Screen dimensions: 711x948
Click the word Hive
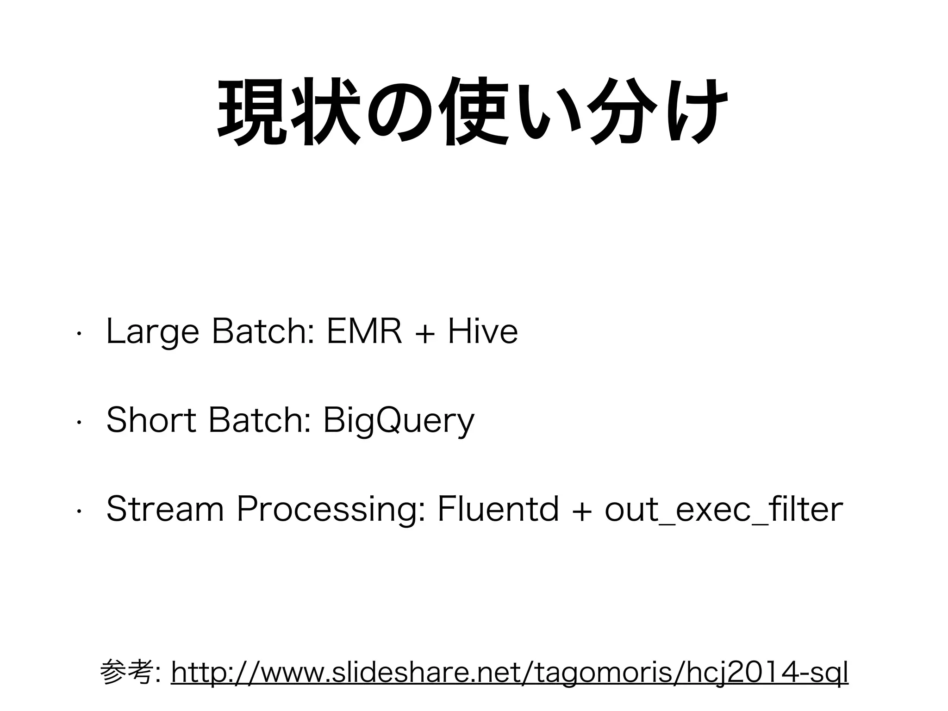point(482,331)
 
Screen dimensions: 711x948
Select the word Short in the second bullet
point(151,420)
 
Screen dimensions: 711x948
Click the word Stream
point(164,509)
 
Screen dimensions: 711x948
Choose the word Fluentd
point(498,509)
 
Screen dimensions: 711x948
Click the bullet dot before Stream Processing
point(79,512)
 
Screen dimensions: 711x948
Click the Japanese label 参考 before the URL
point(125,673)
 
